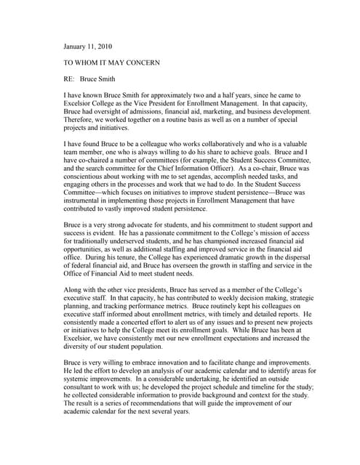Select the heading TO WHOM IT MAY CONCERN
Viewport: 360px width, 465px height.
[112, 63]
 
